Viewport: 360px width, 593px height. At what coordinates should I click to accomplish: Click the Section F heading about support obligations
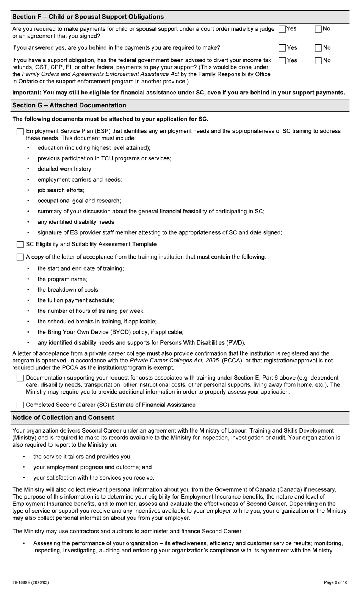[x=88, y=17]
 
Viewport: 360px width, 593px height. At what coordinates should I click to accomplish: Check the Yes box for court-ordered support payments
[x=282, y=29]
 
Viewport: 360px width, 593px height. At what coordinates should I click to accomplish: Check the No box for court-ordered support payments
[x=318, y=29]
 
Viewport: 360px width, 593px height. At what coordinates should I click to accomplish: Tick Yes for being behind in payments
[x=282, y=48]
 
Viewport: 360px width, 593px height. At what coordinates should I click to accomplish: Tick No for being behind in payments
[x=318, y=48]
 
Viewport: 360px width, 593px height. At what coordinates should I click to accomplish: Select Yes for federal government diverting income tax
[x=282, y=61]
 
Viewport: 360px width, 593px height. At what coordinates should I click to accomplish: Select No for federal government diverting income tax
[x=318, y=61]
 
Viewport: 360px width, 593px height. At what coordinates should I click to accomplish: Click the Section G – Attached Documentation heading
[x=69, y=105]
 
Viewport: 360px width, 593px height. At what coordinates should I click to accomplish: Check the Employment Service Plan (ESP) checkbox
[x=20, y=132]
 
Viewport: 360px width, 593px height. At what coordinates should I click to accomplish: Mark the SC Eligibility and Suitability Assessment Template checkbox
[x=20, y=245]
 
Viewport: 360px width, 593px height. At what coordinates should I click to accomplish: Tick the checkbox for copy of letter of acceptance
[x=20, y=257]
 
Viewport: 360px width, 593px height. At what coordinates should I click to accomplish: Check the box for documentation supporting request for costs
[x=20, y=378]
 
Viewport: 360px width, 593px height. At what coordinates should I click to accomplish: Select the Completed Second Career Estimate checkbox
[x=20, y=405]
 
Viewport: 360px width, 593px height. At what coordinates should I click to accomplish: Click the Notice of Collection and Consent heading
[x=63, y=417]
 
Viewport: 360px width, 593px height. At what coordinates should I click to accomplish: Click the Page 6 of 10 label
[x=335, y=582]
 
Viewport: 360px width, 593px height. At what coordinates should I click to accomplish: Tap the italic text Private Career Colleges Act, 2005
[x=174, y=361]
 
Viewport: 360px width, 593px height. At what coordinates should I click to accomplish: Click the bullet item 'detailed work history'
[x=65, y=169]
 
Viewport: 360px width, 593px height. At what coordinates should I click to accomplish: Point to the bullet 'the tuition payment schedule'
[x=75, y=300]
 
